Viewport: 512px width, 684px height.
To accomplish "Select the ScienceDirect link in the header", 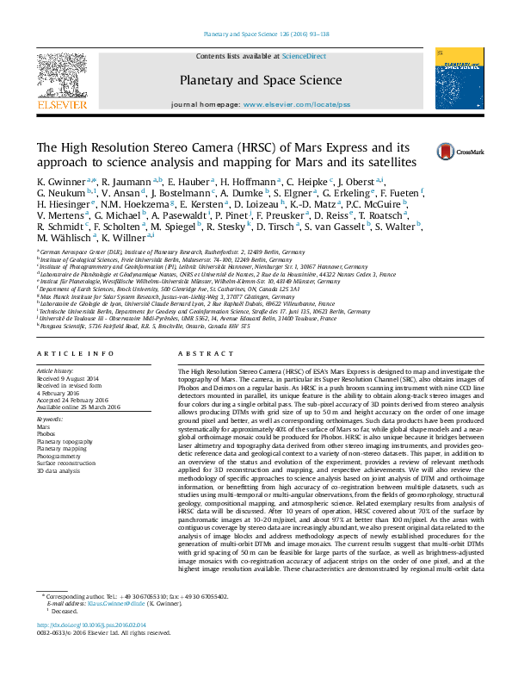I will tap(305, 56).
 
